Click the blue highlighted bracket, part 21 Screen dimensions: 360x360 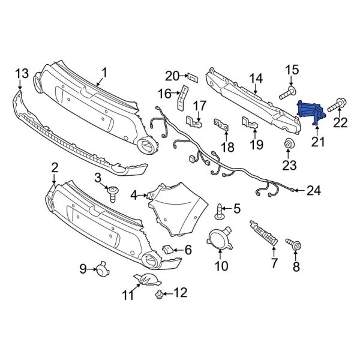(311, 112)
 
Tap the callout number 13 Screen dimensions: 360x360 (22, 73)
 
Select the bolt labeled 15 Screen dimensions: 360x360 (286, 92)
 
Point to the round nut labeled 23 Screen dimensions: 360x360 (289, 144)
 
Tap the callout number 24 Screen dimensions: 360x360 (314, 190)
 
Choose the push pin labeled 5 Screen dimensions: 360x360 (220, 210)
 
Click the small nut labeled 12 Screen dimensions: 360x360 (160, 293)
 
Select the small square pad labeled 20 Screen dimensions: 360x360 (193, 77)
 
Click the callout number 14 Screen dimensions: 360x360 (256, 77)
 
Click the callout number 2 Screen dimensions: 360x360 (54, 167)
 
